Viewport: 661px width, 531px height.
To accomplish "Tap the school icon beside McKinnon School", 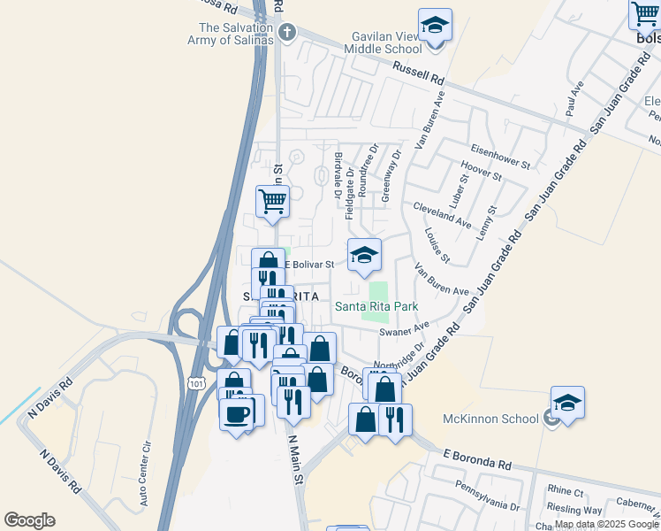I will click(567, 402).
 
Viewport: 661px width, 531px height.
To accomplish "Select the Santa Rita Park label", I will click(376, 307).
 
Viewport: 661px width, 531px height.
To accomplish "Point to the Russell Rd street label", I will click(418, 73).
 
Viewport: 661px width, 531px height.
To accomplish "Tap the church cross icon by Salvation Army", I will click(285, 34).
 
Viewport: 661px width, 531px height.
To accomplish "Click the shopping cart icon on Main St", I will click(272, 200).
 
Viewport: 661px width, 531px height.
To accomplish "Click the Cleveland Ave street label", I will click(442, 217).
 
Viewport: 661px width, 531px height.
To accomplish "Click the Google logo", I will click(29, 520).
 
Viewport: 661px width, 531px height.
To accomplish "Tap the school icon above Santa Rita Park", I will click(364, 255).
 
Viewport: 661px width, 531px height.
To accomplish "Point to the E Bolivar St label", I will click(304, 264).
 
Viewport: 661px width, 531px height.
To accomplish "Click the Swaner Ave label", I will click(403, 330).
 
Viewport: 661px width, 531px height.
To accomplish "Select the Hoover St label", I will click(482, 170).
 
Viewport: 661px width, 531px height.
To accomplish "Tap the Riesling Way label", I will click(574, 511).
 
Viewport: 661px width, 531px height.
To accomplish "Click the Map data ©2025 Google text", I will click(606, 524).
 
